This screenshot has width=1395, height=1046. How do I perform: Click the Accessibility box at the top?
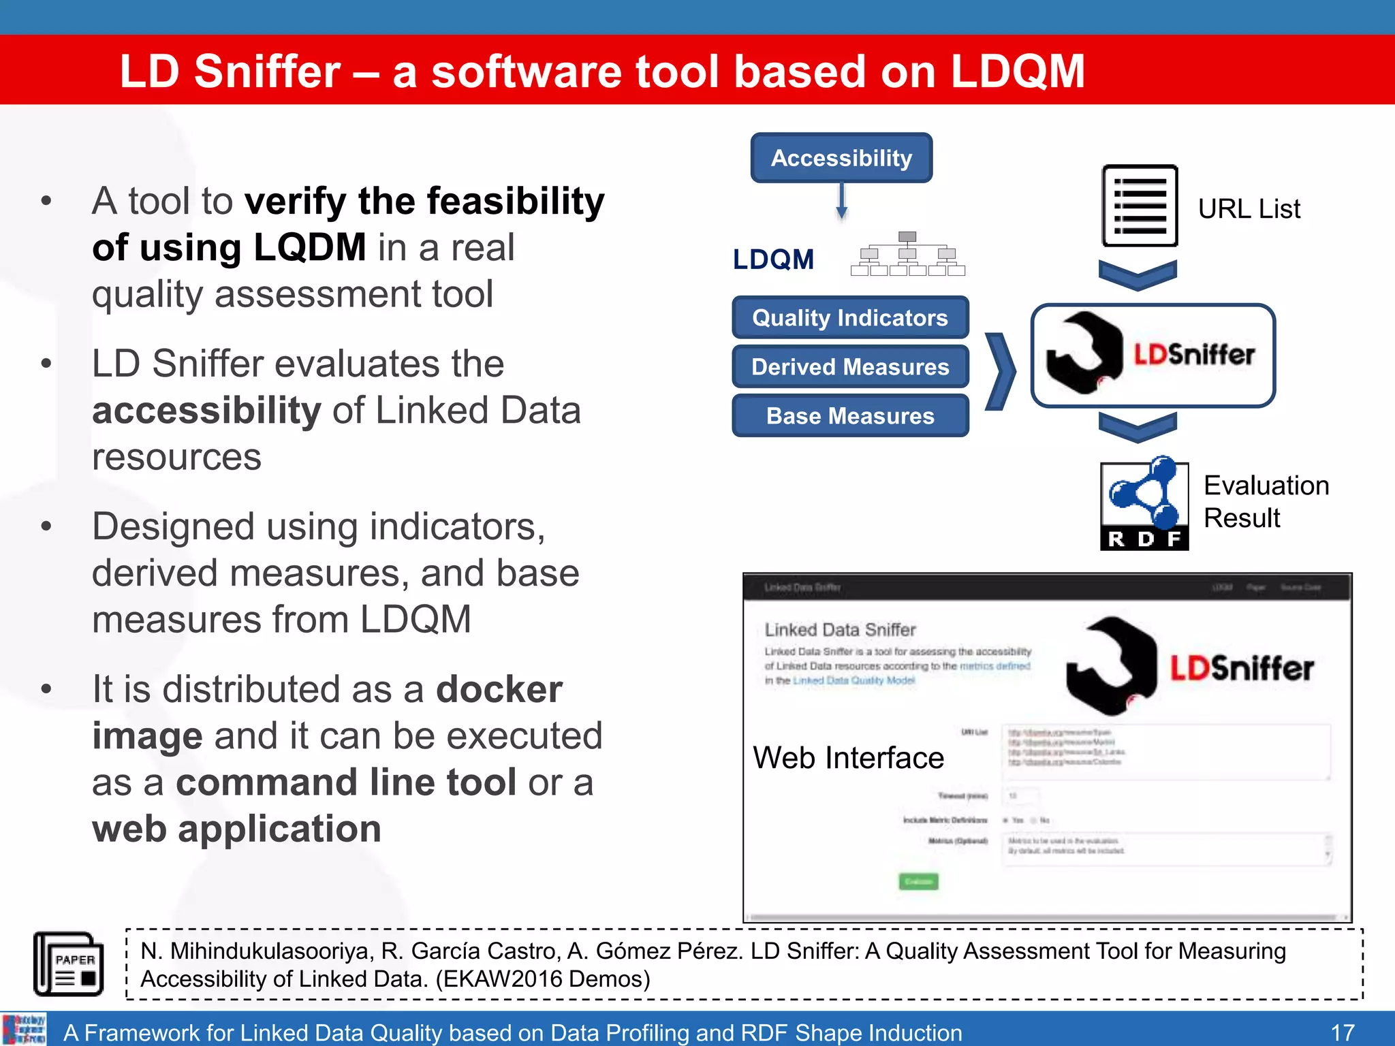click(841, 158)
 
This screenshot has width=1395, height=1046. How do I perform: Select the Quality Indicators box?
click(850, 317)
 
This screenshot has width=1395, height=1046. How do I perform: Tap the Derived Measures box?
click(850, 367)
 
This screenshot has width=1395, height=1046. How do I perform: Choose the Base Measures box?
click(850, 415)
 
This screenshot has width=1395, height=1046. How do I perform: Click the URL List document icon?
click(1140, 206)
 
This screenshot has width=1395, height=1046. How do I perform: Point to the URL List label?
click(1249, 208)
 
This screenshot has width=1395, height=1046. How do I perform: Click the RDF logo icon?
click(1144, 504)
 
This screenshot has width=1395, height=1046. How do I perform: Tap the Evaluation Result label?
click(1266, 501)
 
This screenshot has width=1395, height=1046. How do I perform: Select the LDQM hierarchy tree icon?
click(907, 254)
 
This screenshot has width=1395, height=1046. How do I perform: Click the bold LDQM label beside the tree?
click(773, 259)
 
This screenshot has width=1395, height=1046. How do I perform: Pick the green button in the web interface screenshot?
click(918, 882)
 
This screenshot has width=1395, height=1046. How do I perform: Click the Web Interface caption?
click(848, 758)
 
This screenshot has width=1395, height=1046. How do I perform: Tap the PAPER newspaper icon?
click(69, 964)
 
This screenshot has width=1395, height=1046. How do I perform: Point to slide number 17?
click(1343, 1032)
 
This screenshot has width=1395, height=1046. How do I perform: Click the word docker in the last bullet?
click(499, 689)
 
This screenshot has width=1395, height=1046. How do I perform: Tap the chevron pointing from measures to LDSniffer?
click(1001, 372)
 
